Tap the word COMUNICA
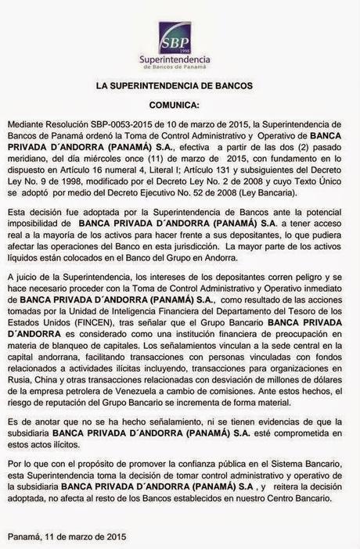179,104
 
